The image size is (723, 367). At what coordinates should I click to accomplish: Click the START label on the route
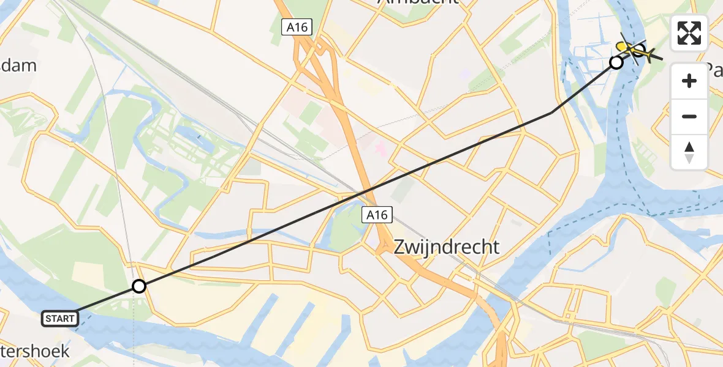tap(60, 318)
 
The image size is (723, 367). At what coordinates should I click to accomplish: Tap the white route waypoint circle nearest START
tap(139, 286)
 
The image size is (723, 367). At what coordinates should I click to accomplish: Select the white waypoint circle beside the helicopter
tap(616, 62)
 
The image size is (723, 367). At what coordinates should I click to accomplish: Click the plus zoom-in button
tap(689, 81)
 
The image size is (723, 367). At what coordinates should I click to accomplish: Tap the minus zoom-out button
tap(689, 116)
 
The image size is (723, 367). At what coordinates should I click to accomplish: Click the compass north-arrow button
tap(689, 152)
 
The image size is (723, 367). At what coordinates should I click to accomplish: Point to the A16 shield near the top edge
tap(297, 27)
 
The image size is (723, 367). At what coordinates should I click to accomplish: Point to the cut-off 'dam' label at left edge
tap(18, 66)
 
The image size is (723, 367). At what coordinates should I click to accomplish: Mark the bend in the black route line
tap(553, 112)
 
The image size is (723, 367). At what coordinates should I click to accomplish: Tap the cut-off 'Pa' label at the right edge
tap(714, 69)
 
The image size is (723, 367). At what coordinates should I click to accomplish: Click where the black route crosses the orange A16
tap(366, 192)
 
